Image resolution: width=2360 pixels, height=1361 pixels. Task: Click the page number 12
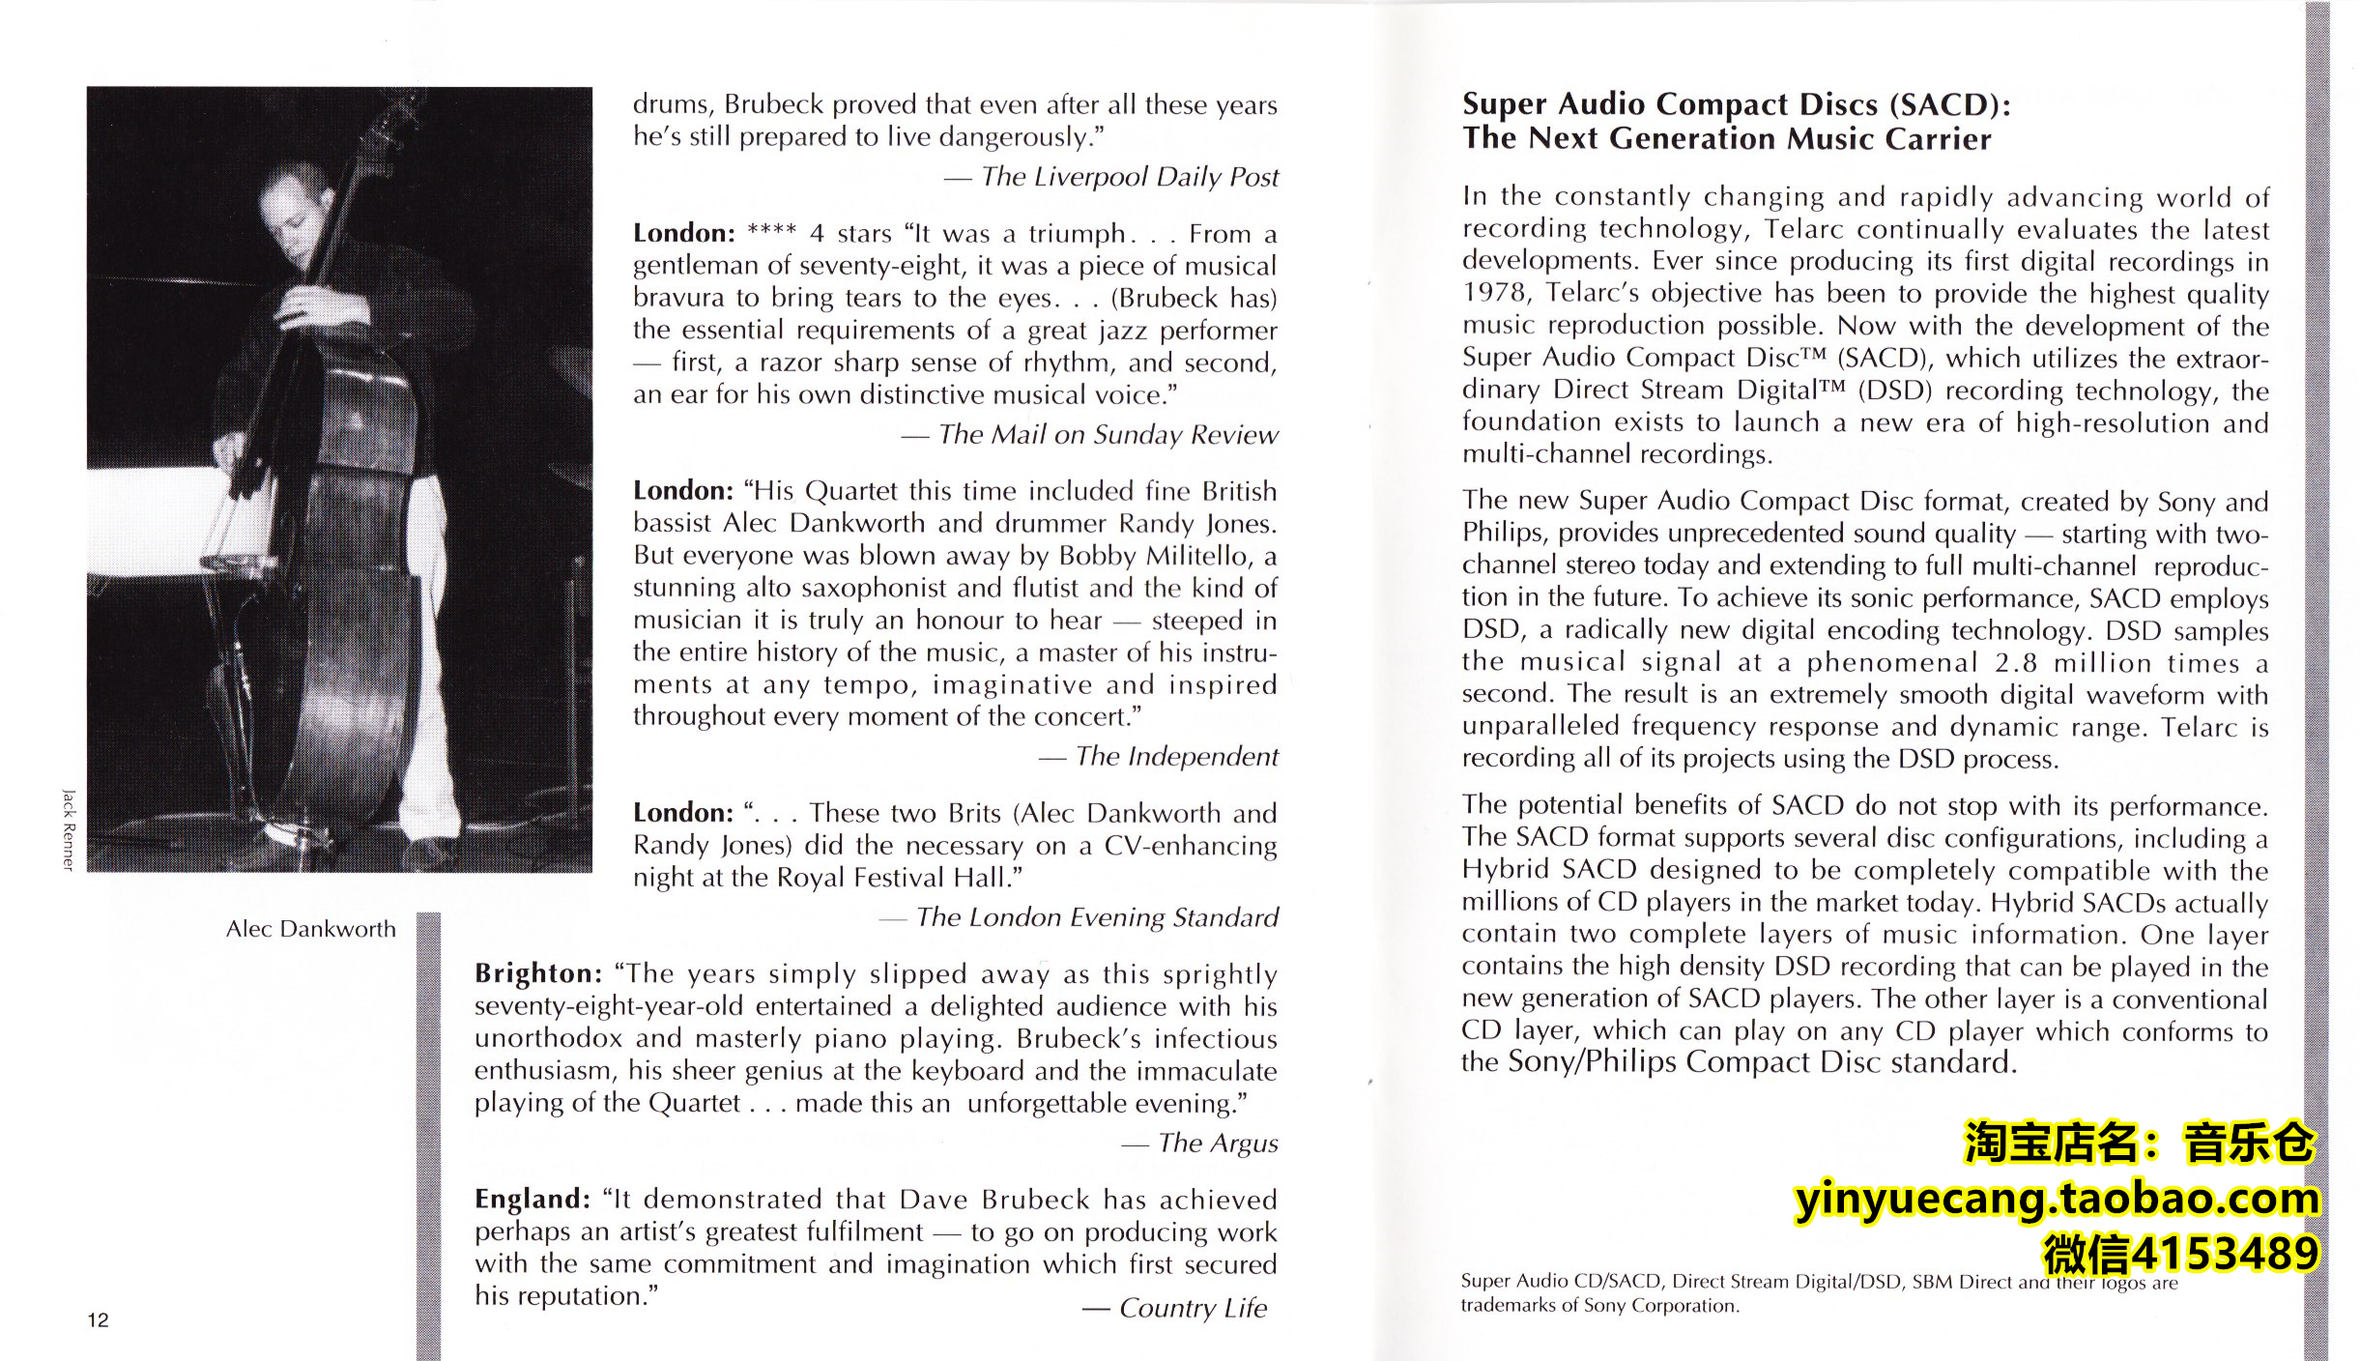click(98, 1320)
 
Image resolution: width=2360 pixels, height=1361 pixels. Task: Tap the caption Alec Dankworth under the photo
click(310, 929)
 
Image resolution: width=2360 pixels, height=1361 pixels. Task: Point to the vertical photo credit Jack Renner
click(68, 829)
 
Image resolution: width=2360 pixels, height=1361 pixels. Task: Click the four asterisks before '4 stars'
click(771, 233)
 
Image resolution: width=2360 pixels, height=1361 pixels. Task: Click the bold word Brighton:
click(538, 973)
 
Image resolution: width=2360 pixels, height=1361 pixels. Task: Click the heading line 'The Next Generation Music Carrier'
click(1726, 139)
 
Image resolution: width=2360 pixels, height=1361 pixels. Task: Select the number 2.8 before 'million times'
click(2015, 663)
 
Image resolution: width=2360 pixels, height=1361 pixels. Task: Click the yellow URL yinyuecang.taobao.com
click(2057, 1200)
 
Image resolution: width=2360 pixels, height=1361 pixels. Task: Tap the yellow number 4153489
click(2224, 1255)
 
